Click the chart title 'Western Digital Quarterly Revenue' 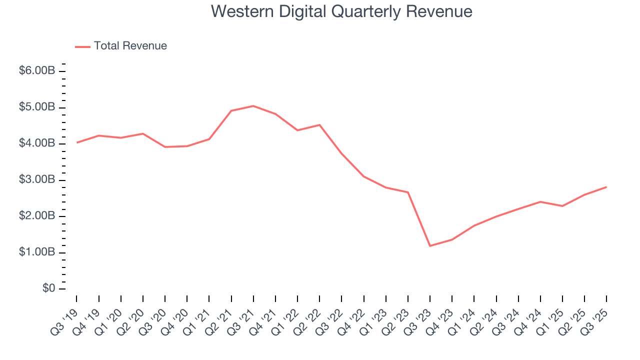341,11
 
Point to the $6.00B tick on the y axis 37,71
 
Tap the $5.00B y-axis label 37,107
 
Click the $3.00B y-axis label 37,180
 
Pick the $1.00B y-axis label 37,252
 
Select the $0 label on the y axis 48,289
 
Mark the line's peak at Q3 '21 253,106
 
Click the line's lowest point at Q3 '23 430,246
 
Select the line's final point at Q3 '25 606,187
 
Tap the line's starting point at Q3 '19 76,142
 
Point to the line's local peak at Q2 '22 319,125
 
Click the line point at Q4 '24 540,201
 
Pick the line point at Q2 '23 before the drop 408,192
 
